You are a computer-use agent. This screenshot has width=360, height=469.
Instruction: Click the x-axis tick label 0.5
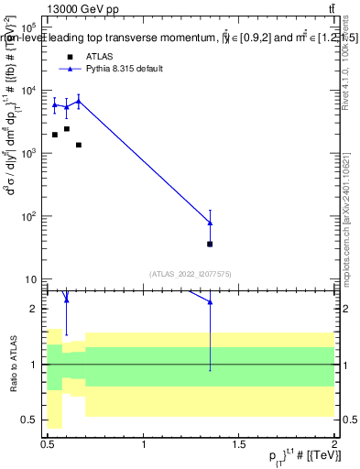tap(49, 445)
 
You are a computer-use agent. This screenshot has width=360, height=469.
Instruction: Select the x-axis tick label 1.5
tap(239, 445)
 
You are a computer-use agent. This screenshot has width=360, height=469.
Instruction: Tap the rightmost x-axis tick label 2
tap(334, 445)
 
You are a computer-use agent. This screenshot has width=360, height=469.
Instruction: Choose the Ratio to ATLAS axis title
tap(13, 365)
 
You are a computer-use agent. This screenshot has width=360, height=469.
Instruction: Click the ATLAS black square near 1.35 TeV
tap(210, 244)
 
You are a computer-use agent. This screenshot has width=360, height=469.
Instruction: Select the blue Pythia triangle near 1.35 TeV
tap(210, 223)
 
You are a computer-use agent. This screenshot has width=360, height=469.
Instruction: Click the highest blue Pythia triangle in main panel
tap(79, 101)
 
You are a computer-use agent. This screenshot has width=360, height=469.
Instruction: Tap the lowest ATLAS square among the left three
tap(79, 145)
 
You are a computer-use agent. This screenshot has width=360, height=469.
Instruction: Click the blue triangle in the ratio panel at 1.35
tap(210, 301)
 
